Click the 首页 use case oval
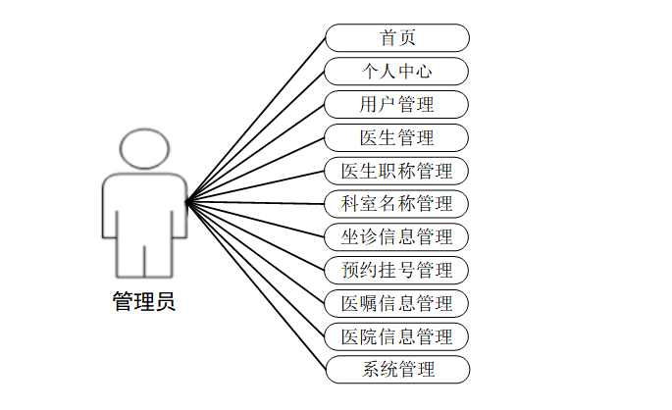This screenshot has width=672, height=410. (397, 37)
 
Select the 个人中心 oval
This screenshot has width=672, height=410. (397, 71)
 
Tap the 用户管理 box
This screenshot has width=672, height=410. (397, 104)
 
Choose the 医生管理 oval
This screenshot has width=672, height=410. (397, 137)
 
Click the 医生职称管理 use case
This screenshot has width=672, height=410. (397, 171)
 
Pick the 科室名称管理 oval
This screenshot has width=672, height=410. (397, 204)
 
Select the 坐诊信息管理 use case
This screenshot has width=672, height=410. (397, 237)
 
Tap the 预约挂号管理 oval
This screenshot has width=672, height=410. (397, 270)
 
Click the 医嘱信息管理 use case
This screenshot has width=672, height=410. (397, 303)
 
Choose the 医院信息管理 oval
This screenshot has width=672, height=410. (397, 336)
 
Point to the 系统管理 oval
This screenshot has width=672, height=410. (397, 370)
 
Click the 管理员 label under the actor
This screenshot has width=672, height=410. (144, 301)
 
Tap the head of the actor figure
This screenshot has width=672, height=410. (144, 150)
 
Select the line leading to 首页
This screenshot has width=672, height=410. (255, 121)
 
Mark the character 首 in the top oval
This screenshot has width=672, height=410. (388, 37)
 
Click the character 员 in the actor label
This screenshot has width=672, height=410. (165, 301)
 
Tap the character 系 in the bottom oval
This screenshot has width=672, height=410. (371, 370)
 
